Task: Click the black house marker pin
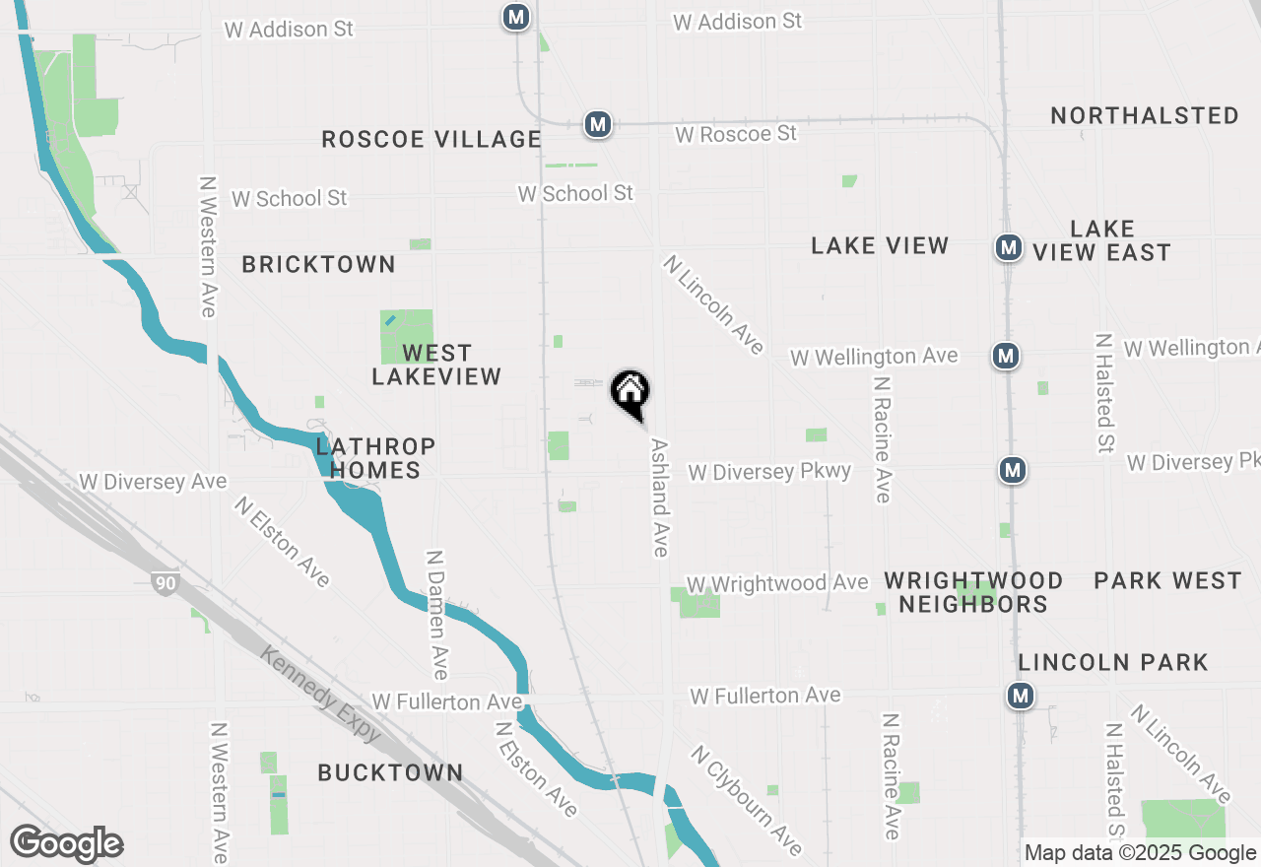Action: click(630, 392)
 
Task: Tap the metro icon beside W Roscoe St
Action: click(597, 124)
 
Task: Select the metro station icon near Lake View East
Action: click(1008, 247)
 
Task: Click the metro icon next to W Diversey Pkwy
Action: click(1012, 470)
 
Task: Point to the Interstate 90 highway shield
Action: click(165, 583)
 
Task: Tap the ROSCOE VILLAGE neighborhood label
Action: click(431, 140)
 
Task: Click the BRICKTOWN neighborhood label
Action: click(318, 264)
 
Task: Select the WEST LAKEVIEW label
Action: click(436, 365)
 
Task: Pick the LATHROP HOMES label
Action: click(375, 458)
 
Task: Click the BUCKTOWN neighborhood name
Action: click(390, 772)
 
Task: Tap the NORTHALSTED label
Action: click(1144, 115)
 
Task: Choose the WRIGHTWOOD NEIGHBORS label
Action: click(972, 592)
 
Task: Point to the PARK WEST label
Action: click(1167, 580)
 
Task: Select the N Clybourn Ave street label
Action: click(747, 800)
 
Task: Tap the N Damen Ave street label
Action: click(437, 615)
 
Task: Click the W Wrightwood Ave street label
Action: click(777, 584)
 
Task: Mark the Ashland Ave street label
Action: click(659, 497)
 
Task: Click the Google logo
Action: click(66, 844)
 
